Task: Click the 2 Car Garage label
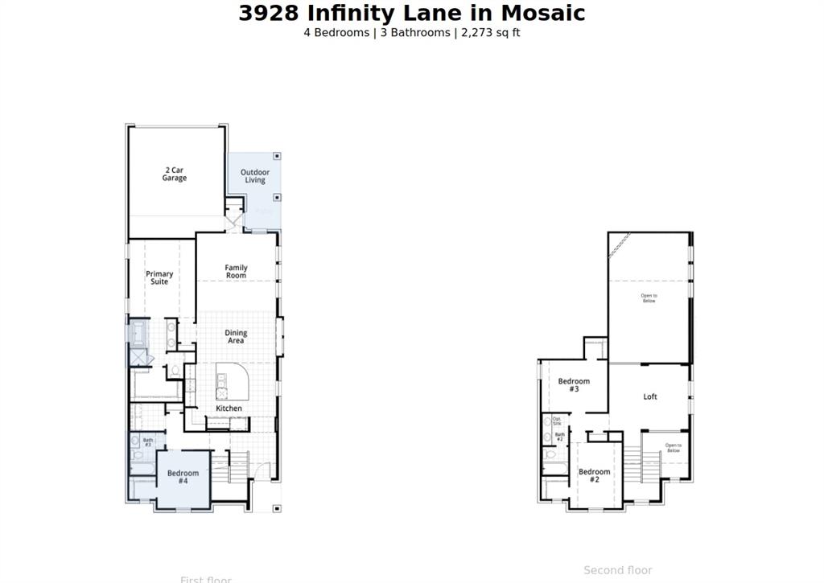[175, 174]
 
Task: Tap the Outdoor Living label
[255, 176]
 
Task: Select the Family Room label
[236, 272]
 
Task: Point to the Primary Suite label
[159, 278]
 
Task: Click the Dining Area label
[236, 337]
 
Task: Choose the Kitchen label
[229, 409]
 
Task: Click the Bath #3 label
[148, 442]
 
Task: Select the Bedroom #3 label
[574, 385]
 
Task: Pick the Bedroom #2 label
[594, 476]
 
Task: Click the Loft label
[650, 396]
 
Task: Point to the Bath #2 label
[559, 437]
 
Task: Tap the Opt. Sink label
[557, 421]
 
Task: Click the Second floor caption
[617, 570]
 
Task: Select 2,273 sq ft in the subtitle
[491, 33]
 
